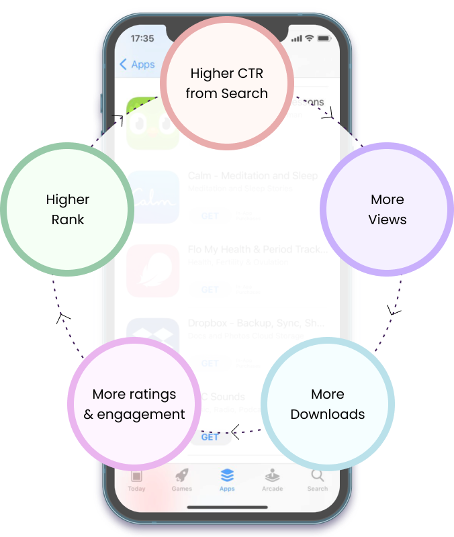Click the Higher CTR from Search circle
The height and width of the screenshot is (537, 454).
coord(227,83)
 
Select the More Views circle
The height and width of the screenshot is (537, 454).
coord(387,209)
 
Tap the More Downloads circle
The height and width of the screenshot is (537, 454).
coord(327,403)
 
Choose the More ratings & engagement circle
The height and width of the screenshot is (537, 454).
coord(134,403)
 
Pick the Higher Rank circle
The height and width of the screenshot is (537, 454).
coord(67,209)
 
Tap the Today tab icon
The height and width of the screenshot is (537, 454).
coord(136,476)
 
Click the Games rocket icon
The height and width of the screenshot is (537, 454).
coord(182,476)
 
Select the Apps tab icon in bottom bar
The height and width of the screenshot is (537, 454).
coord(227,476)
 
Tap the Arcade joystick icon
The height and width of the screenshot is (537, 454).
coord(272,475)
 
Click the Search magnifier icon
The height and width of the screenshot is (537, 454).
coord(318,476)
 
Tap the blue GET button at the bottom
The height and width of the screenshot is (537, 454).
coord(210,437)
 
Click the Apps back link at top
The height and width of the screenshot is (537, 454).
coord(137,64)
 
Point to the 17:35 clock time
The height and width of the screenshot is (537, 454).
coord(142,38)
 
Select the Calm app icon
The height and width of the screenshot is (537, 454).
coord(153,197)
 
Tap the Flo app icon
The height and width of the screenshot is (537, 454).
coord(153,271)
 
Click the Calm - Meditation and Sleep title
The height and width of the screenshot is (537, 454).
coord(253,176)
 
